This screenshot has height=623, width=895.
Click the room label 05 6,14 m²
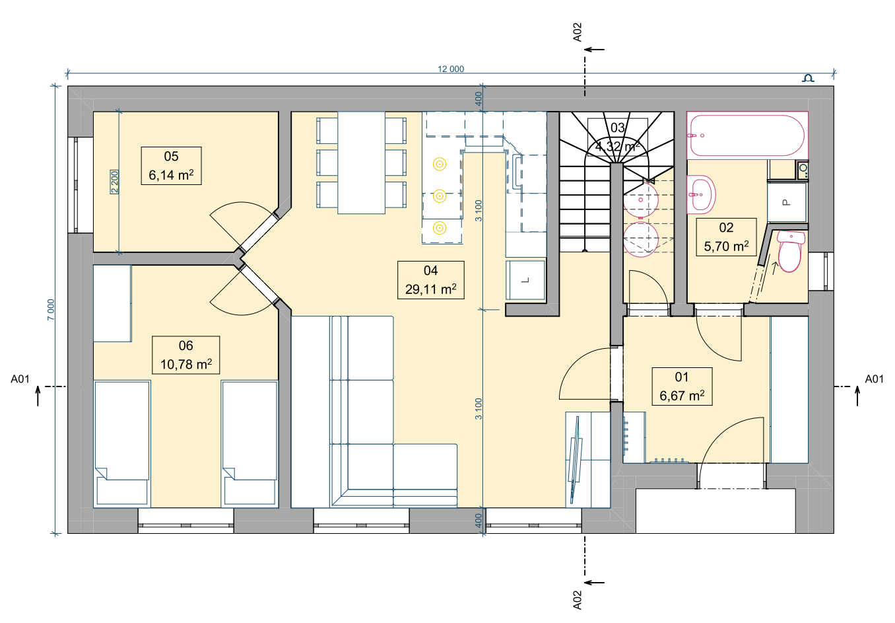[171, 166]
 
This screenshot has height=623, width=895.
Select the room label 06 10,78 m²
[185, 355]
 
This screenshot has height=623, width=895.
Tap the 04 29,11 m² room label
[431, 280]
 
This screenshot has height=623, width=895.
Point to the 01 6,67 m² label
[682, 386]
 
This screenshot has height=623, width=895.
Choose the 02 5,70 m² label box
[727, 237]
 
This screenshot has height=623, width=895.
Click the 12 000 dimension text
[451, 69]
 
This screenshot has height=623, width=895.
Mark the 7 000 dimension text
[51, 309]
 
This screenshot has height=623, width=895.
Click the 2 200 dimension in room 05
[115, 182]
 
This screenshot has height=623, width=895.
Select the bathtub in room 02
[748, 135]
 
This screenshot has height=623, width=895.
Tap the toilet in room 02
[790, 252]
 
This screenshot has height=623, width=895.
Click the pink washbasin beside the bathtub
[701, 194]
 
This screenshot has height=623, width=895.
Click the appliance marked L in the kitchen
[525, 280]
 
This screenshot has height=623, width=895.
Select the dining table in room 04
[361, 163]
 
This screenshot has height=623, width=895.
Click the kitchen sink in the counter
[517, 172]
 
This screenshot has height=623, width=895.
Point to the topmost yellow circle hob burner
[440, 164]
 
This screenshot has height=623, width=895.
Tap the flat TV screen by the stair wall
[576, 460]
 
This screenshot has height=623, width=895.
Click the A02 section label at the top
[577, 32]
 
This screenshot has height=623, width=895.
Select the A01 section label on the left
[20, 379]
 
